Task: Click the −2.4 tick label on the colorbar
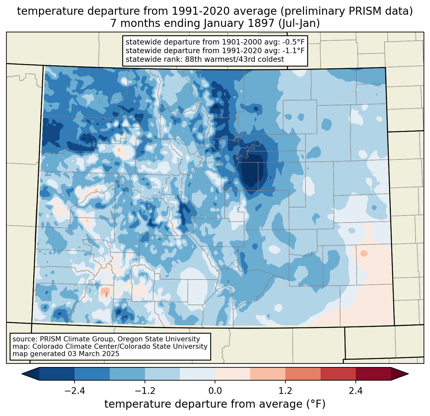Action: [x=75, y=391]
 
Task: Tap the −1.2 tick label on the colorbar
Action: [x=145, y=391]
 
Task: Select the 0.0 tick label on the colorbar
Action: [x=215, y=391]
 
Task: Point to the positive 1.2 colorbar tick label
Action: [x=285, y=391]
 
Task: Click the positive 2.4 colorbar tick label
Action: [x=355, y=391]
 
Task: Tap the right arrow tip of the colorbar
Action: [x=407, y=374]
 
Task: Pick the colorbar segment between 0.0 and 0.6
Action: [x=233, y=374]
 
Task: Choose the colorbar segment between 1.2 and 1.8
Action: [x=303, y=374]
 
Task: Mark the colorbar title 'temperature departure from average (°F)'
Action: [x=215, y=404]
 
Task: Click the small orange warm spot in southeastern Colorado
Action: [x=364, y=253]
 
